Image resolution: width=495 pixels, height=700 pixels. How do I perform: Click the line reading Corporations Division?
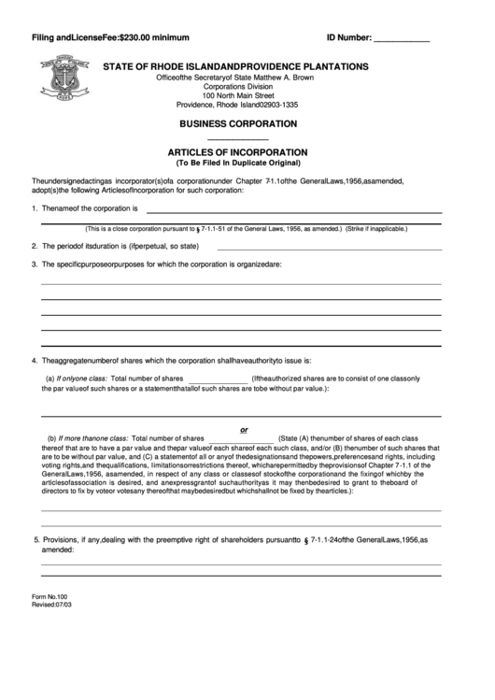pyautogui.click(x=238, y=86)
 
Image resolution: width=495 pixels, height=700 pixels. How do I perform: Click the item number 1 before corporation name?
pyautogui.click(x=34, y=208)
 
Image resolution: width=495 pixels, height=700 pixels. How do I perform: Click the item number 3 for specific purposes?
pyautogui.click(x=34, y=264)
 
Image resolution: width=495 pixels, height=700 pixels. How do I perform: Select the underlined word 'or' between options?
pyautogui.click(x=245, y=429)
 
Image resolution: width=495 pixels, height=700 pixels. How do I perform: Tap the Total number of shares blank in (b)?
pyautogui.click(x=241, y=438)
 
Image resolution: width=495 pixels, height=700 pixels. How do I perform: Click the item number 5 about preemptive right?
pyautogui.click(x=36, y=539)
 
